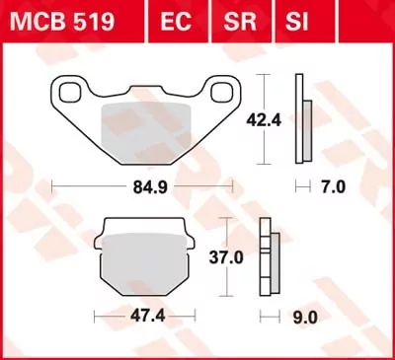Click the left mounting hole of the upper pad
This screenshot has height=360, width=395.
[72, 94]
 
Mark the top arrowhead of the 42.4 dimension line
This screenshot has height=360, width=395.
[261, 77]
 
